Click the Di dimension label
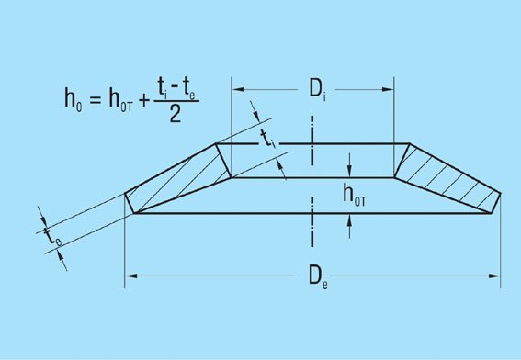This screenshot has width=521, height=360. click(317, 90)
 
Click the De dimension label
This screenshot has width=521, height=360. click(318, 276)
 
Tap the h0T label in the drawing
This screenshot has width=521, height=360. click(355, 196)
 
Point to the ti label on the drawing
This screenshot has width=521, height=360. click(268, 139)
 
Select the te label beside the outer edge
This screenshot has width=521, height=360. click(52, 236)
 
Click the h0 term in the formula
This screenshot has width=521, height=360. click(74, 98)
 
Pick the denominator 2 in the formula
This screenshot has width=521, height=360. click(176, 115)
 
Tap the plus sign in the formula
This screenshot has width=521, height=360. click(144, 99)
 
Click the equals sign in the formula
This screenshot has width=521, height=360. click(95, 99)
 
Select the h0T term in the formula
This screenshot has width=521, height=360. click(120, 98)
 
